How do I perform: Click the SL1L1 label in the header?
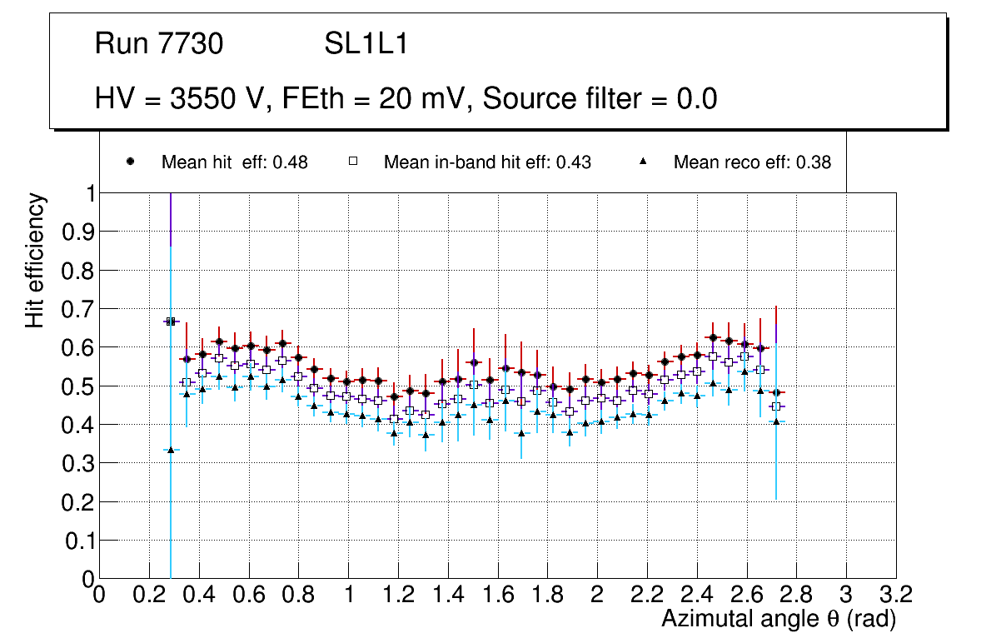pyautogui.click(x=366, y=44)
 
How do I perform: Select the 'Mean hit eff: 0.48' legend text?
pyautogui.click(x=235, y=162)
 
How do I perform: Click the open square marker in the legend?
pyautogui.click(x=352, y=162)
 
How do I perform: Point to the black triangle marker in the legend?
pyautogui.click(x=644, y=162)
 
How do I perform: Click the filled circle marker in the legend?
pyautogui.click(x=130, y=162)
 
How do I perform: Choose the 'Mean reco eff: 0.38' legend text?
pyautogui.click(x=752, y=162)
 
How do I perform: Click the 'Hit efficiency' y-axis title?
pyautogui.click(x=35, y=260)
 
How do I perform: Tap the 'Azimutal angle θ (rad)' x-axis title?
pyautogui.click(x=779, y=619)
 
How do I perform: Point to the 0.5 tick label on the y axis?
pyautogui.click(x=77, y=386)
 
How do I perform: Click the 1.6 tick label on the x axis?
pyautogui.click(x=497, y=595)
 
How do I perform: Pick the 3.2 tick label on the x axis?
pyautogui.click(x=896, y=595)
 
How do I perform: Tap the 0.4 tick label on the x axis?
pyautogui.click(x=199, y=595)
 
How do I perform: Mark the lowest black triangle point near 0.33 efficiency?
pyautogui.click(x=171, y=450)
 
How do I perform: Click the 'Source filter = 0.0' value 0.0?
pyautogui.click(x=697, y=99)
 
